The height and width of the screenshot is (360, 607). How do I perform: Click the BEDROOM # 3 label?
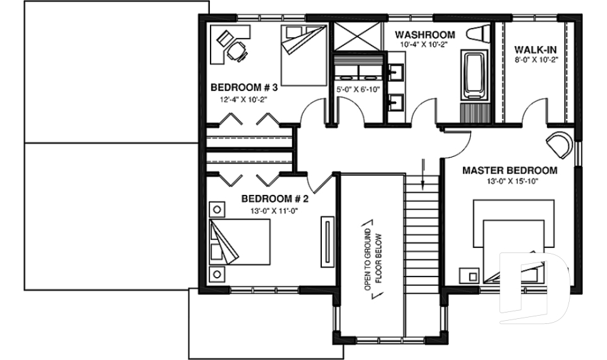click(244, 87)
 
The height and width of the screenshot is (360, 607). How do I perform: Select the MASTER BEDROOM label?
click(510, 170)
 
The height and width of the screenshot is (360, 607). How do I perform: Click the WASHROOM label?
click(425, 34)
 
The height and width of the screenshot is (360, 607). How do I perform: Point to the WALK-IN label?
click(535, 49)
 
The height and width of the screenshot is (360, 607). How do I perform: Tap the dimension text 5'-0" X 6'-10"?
click(358, 90)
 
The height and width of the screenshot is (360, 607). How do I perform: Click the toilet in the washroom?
click(478, 35)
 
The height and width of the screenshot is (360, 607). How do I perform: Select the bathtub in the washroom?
click(473, 76)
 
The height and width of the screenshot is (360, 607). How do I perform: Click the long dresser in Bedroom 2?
click(328, 243)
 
